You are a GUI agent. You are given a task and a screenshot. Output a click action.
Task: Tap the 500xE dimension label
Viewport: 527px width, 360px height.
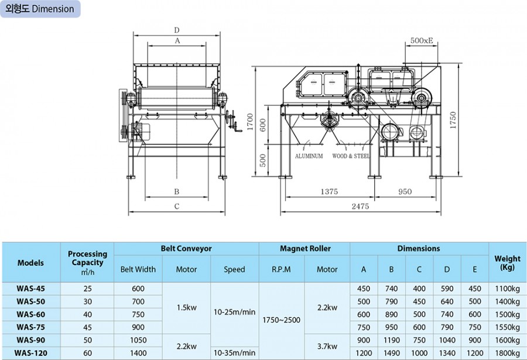pos(421,40)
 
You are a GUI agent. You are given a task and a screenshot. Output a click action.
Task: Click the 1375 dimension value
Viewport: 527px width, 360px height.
pos(329,191)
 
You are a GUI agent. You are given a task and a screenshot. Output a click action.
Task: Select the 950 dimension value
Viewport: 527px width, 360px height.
pos(405,191)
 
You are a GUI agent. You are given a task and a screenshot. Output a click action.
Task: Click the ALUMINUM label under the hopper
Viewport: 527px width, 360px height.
pos(309,156)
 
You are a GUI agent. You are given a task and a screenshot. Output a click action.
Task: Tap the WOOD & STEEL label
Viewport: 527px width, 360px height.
pos(351,156)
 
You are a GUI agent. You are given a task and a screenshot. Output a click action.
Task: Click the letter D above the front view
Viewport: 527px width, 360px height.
pos(176,30)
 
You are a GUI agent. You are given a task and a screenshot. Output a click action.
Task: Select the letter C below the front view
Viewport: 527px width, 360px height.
pos(176,207)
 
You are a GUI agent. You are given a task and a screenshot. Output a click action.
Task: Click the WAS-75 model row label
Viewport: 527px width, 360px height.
pos(30,327)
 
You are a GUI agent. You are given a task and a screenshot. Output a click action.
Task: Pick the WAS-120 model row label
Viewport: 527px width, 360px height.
pos(30,353)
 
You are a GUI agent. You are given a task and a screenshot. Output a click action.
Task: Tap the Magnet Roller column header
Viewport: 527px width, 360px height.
pos(304,249)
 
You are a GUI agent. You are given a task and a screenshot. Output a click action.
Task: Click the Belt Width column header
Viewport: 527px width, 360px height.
pos(138,269)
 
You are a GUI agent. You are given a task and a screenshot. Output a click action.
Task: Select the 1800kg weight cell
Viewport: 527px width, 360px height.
pos(507,353)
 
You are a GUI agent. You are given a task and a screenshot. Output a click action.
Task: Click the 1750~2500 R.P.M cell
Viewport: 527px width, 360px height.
pos(282,321)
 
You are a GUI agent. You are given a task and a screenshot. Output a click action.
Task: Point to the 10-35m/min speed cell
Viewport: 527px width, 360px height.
pos(234,353)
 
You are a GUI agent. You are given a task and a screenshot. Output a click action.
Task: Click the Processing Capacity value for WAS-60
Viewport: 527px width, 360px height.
pos(87,314)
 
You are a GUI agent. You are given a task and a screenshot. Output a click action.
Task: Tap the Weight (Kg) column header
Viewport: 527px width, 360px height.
pos(507,262)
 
